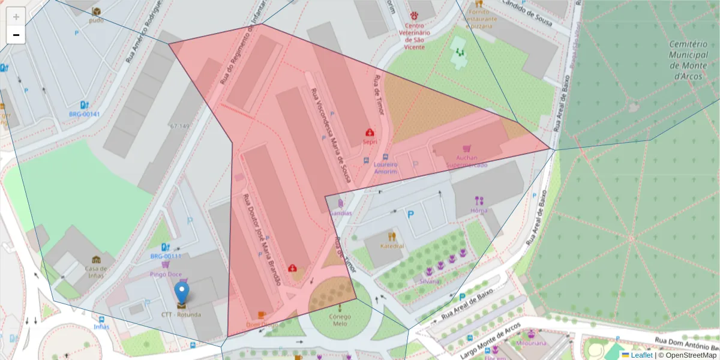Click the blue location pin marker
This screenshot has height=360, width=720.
(x=181, y=293)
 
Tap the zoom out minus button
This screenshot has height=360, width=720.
(x=16, y=35)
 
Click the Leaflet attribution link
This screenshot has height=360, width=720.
(x=641, y=355)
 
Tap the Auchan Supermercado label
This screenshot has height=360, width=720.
(x=466, y=161)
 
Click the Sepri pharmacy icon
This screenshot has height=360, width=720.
(x=370, y=132)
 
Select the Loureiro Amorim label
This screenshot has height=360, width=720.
(x=385, y=168)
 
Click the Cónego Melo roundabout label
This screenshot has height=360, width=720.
(x=340, y=320)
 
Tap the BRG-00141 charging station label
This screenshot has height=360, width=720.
(x=85, y=114)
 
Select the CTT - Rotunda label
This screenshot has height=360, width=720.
(x=181, y=314)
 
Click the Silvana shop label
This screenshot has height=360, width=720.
(x=430, y=281)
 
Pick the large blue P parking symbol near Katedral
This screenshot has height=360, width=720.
(x=411, y=214)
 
